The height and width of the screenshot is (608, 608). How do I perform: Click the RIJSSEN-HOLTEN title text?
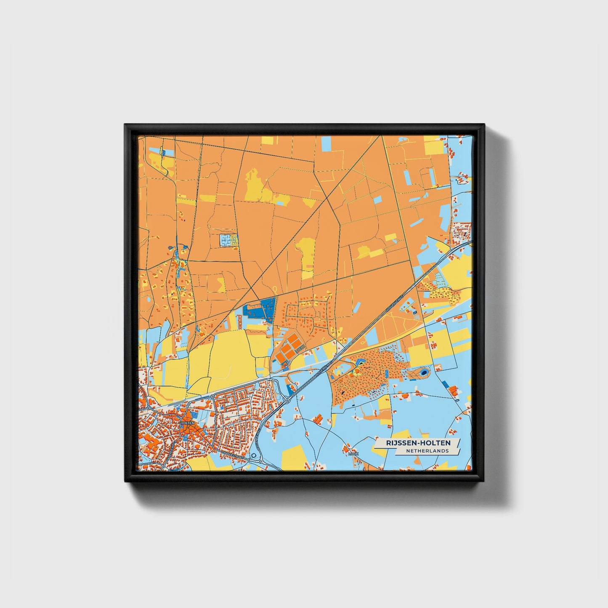click(418, 443)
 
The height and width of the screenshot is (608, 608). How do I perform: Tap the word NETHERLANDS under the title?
click(427, 451)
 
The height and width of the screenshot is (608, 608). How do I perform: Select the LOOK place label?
click(353, 454)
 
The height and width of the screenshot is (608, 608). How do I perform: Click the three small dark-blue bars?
click(415, 313)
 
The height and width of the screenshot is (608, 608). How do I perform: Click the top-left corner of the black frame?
click(125, 125)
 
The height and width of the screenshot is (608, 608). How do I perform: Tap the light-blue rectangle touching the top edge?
click(326, 143)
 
